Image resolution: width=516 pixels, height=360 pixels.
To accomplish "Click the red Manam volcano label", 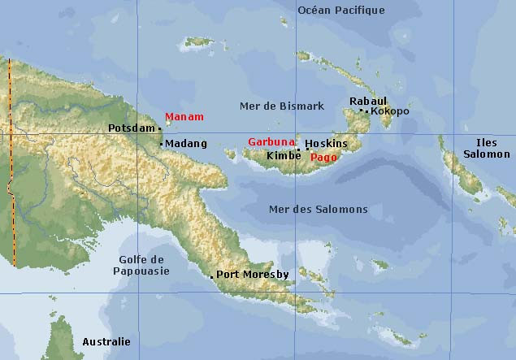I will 184,117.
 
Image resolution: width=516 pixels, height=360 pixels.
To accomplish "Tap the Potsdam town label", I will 131,128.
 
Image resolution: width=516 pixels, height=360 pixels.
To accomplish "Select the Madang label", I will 186,144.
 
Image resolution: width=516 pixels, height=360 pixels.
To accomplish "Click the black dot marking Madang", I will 162,145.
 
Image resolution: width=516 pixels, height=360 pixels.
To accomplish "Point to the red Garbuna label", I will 271,141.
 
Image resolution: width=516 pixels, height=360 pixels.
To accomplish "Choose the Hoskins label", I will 330,144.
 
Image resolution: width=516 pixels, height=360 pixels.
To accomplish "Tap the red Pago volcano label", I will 324,157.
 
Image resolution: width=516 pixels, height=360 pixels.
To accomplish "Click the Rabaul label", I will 366,101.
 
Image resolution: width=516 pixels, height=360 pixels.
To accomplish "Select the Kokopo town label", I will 390,111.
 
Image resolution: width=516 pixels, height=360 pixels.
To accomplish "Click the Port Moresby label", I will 253,275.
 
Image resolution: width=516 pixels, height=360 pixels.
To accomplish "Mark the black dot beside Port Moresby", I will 212,277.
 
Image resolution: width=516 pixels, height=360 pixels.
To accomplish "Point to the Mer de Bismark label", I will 282,106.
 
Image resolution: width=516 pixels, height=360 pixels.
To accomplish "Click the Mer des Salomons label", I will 318,210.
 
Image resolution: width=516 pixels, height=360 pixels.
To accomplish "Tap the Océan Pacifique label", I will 341,11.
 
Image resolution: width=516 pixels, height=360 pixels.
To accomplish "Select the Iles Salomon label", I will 488,149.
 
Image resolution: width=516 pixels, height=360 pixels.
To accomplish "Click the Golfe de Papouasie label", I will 141,265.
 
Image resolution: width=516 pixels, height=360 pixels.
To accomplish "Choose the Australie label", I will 106,342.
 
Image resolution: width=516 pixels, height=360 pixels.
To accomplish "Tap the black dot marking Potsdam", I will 160,128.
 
